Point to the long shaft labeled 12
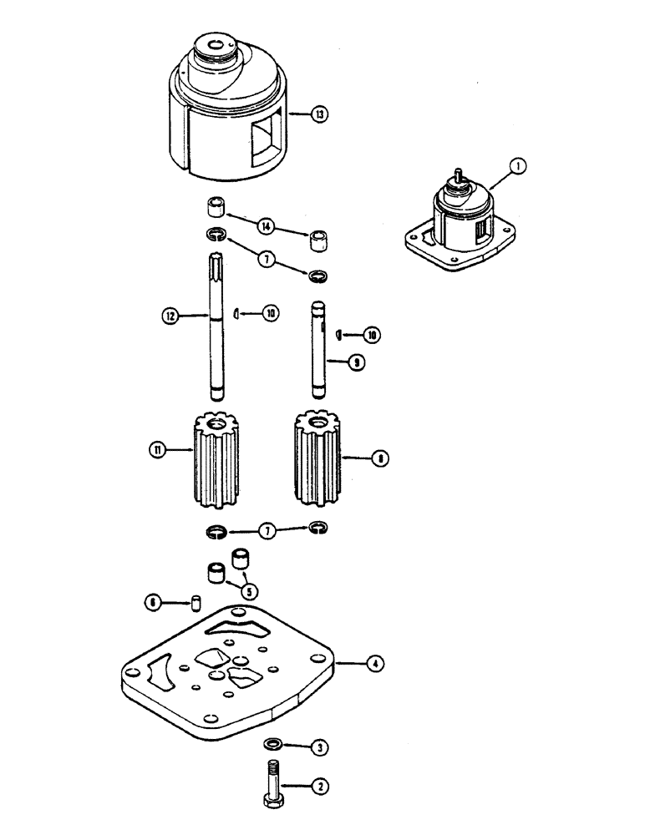tap(216, 334)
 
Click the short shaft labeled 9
tap(318, 351)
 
